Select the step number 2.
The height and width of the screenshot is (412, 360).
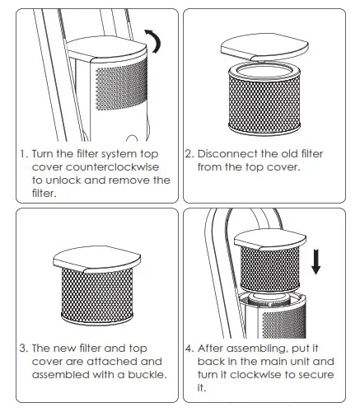pos(189,153)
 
